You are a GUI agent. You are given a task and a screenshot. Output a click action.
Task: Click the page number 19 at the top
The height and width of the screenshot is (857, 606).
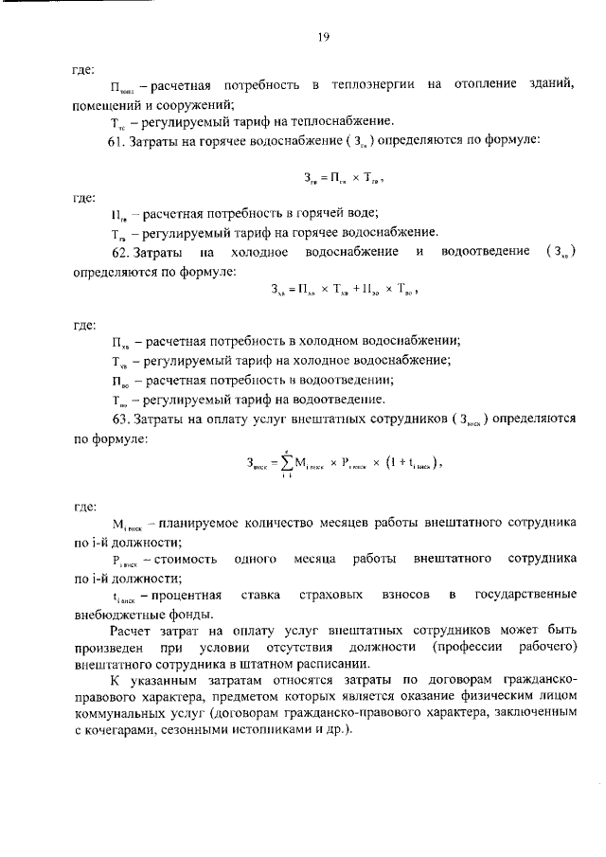click(x=323, y=37)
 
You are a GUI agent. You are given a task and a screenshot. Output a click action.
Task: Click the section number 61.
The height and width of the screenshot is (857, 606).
click(x=119, y=139)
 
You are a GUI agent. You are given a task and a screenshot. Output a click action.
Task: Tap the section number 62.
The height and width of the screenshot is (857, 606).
click(x=120, y=252)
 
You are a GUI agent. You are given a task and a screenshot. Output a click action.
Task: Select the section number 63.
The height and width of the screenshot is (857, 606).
click(x=120, y=419)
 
